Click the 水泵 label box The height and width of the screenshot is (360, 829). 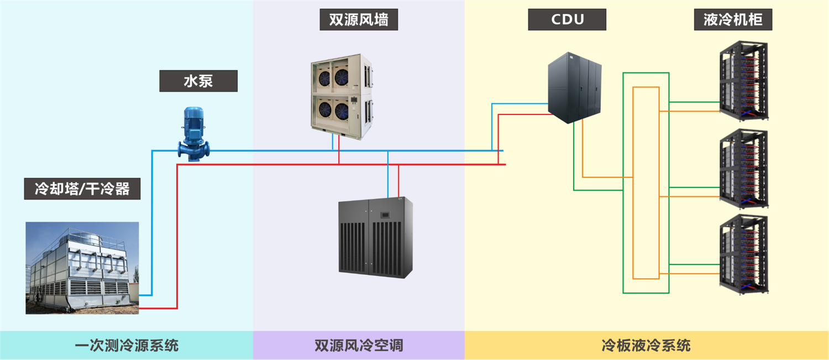pos(198,81)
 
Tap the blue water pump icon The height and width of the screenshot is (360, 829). pos(193,134)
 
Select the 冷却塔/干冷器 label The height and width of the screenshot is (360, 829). pos(82,189)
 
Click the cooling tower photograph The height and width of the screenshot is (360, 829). pos(82,268)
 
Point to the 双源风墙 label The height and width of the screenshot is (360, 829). pos(359,20)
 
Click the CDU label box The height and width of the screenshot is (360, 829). pos(567,20)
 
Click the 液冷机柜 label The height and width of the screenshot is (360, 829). pos(733,20)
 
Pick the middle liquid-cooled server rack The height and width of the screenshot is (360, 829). pos(744,169)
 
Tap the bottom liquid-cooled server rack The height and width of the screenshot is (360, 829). pos(744,254)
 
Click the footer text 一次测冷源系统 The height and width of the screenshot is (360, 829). pos(127,346)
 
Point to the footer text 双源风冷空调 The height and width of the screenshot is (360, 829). pos(359,346)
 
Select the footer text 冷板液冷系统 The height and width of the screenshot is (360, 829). pos(646,346)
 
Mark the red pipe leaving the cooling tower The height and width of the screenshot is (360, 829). pos(177,249)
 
